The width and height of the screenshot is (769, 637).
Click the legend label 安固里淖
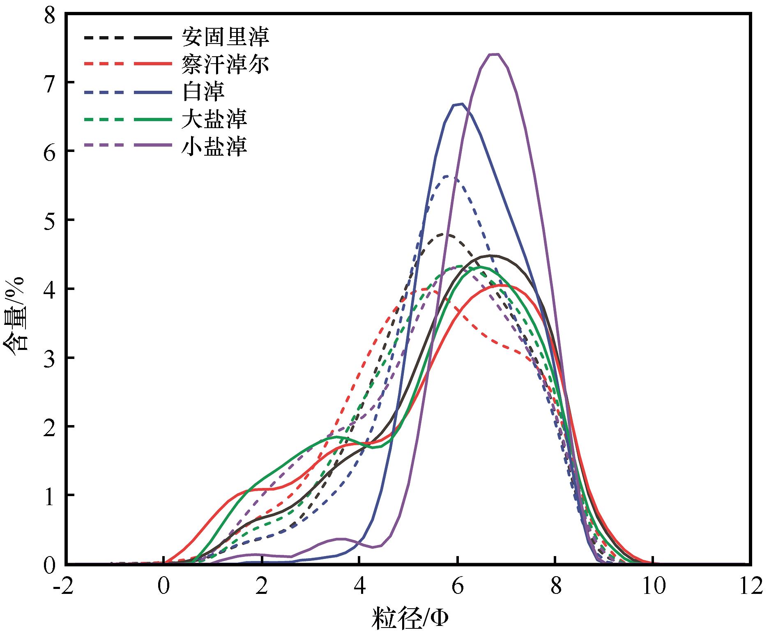[x=226, y=37]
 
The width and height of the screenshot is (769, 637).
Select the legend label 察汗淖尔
[x=226, y=64]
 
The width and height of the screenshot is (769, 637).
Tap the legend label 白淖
[x=203, y=92]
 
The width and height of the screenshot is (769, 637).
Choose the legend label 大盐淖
[x=214, y=119]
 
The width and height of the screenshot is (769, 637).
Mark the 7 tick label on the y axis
[x=51, y=82]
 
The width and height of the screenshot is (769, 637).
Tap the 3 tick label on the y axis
[x=51, y=358]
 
